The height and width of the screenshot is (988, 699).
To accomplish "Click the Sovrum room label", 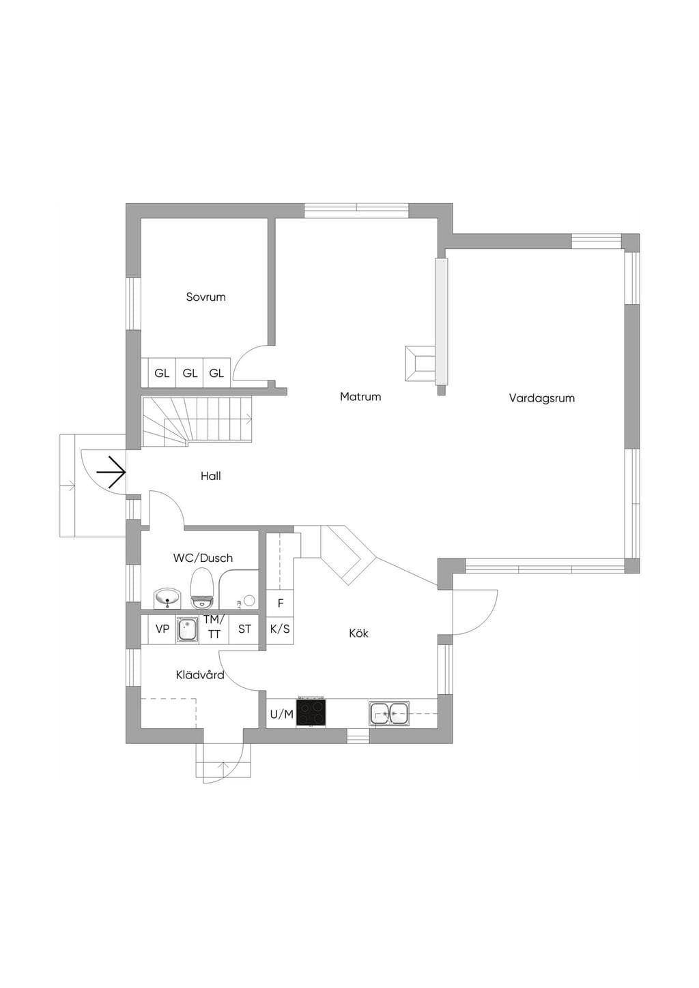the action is [205, 297].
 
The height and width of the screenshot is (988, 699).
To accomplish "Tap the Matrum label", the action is [360, 397].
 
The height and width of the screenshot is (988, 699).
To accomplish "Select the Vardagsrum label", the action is [542, 398].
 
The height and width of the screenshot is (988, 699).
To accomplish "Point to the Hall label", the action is [211, 476].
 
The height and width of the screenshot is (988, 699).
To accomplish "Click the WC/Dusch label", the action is [203, 558].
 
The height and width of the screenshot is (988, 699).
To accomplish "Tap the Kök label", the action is [358, 633].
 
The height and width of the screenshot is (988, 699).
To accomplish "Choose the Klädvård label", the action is [200, 675].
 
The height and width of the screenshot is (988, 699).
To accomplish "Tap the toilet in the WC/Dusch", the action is [202, 588].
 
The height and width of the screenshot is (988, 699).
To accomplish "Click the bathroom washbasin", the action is [167, 599].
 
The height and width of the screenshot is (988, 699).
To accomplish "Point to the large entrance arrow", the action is [111, 473].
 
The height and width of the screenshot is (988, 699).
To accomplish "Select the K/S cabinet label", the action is [280, 629].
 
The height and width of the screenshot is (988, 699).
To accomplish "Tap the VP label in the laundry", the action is [162, 629].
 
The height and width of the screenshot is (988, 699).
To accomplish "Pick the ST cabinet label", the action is [244, 629].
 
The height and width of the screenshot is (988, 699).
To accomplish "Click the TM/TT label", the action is [214, 627].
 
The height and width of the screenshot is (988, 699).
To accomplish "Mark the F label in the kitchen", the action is [281, 603].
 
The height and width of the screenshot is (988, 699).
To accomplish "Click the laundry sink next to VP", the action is [188, 629].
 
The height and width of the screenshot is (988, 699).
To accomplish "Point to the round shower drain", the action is [251, 600].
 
